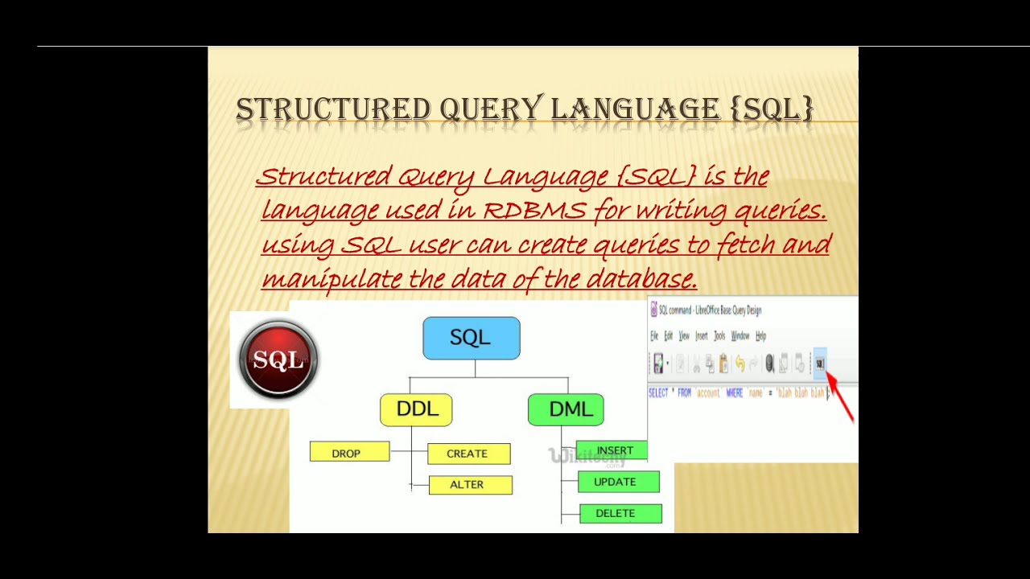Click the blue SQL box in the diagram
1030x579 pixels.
coord(472,338)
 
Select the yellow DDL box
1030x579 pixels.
coord(416,409)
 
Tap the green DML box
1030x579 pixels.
coord(566,409)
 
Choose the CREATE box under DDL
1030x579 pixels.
coord(468,454)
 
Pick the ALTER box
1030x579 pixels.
coord(470,484)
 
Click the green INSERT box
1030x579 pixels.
coord(613,450)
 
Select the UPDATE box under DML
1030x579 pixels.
coord(618,482)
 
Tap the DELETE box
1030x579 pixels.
coord(620,513)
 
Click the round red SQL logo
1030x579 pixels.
coord(278,359)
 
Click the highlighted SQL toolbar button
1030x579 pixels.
coord(819,364)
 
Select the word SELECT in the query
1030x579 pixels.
coord(658,393)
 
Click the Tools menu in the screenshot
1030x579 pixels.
coord(719,336)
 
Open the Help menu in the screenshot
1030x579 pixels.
coord(760,336)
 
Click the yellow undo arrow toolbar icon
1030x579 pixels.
coord(740,364)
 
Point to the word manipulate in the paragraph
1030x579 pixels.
coord(332,279)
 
